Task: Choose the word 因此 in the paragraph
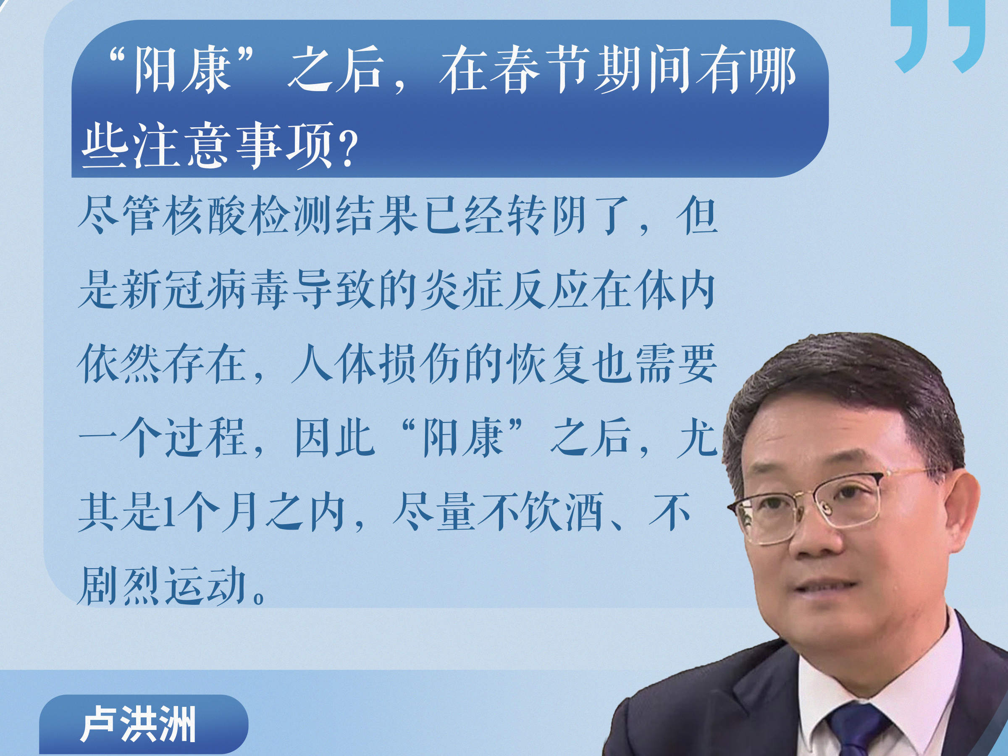point(334,438)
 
